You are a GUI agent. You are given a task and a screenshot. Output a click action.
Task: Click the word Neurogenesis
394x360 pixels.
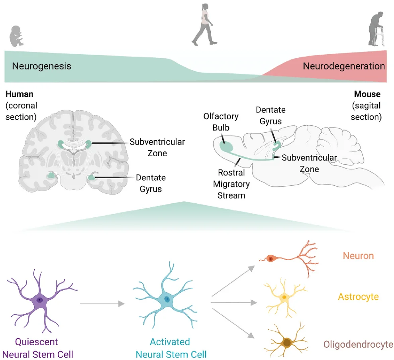[x=41, y=66]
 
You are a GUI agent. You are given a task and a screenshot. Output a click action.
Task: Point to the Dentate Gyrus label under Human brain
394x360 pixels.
[x=151, y=183]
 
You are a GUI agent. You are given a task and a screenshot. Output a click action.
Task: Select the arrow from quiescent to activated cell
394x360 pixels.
[x=102, y=305]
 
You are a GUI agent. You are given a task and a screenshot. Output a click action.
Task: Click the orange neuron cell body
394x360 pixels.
[x=271, y=259]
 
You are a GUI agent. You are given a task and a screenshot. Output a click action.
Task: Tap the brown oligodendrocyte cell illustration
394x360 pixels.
[x=286, y=342]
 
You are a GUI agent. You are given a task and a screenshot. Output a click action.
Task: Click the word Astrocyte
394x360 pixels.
[x=358, y=297]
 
